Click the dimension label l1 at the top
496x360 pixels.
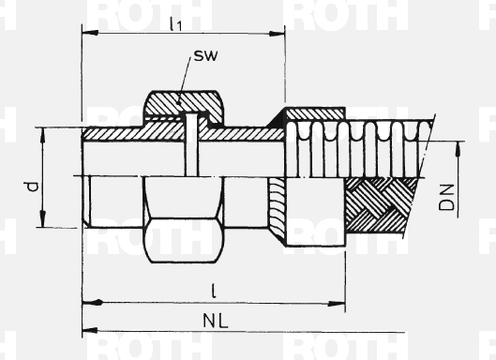pos(176,23)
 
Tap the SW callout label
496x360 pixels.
pos(205,55)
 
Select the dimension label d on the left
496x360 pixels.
pos(32,186)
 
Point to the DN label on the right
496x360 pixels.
pos(446,198)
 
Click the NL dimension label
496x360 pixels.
pos(215,321)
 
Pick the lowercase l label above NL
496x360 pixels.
pos(214,291)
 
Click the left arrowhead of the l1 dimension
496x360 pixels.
pos(90,33)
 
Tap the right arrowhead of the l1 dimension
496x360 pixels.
pos(277,34)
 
